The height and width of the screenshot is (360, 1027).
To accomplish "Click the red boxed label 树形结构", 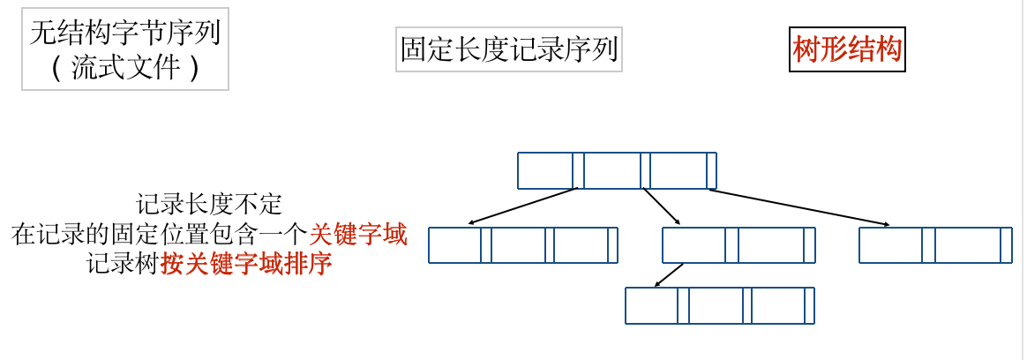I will click(847, 50).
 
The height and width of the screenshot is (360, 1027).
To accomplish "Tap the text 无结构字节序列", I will click(124, 34).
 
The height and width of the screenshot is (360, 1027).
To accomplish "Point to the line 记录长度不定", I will click(209, 205).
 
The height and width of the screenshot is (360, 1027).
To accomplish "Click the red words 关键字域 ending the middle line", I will click(357, 235).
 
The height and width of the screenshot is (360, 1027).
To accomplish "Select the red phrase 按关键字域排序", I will click(246, 264).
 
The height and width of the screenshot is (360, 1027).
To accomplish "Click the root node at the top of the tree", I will click(617, 170).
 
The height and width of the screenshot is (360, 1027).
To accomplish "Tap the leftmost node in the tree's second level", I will click(522, 244).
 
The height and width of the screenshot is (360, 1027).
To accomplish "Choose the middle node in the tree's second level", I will click(738, 244).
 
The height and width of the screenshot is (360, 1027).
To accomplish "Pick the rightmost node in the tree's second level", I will click(935, 244).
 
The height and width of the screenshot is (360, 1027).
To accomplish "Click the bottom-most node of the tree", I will click(719, 305).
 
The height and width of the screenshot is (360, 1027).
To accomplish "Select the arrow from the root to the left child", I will click(522, 206).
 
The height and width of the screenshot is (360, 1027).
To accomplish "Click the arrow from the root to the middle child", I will click(662, 207).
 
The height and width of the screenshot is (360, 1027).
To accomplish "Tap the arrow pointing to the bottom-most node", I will click(669, 275).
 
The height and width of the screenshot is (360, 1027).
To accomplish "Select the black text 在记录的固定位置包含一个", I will click(160, 235).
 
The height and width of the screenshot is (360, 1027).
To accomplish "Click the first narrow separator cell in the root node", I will click(578, 170).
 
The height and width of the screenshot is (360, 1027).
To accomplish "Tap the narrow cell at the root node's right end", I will click(711, 170).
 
